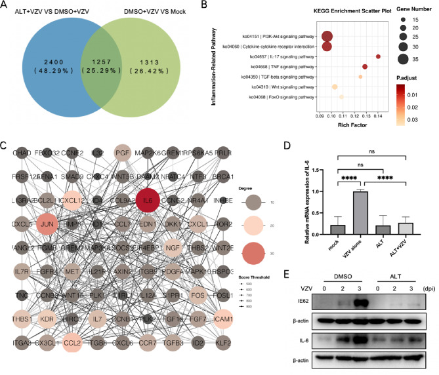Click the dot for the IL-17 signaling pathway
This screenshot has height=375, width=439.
tap(379, 56)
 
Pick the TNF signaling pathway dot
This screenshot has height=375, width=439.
tap(365, 67)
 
